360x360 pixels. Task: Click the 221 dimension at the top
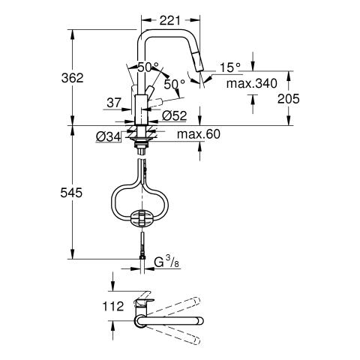point(169,20)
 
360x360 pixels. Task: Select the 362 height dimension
point(72,78)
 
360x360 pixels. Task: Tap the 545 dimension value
point(71,193)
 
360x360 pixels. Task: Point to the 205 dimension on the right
point(288,99)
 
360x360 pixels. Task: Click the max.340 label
point(252,83)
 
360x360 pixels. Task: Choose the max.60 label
point(199,134)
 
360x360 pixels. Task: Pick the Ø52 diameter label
point(175,115)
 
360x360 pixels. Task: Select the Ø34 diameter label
point(108,136)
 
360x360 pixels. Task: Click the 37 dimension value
point(114,103)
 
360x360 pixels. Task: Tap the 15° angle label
point(230,67)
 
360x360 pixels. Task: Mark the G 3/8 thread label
point(166,262)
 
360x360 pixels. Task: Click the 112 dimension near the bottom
point(113,306)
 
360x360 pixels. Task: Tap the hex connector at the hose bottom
point(142,257)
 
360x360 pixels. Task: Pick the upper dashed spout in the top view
point(173,306)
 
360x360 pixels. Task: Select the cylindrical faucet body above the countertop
point(141,110)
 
